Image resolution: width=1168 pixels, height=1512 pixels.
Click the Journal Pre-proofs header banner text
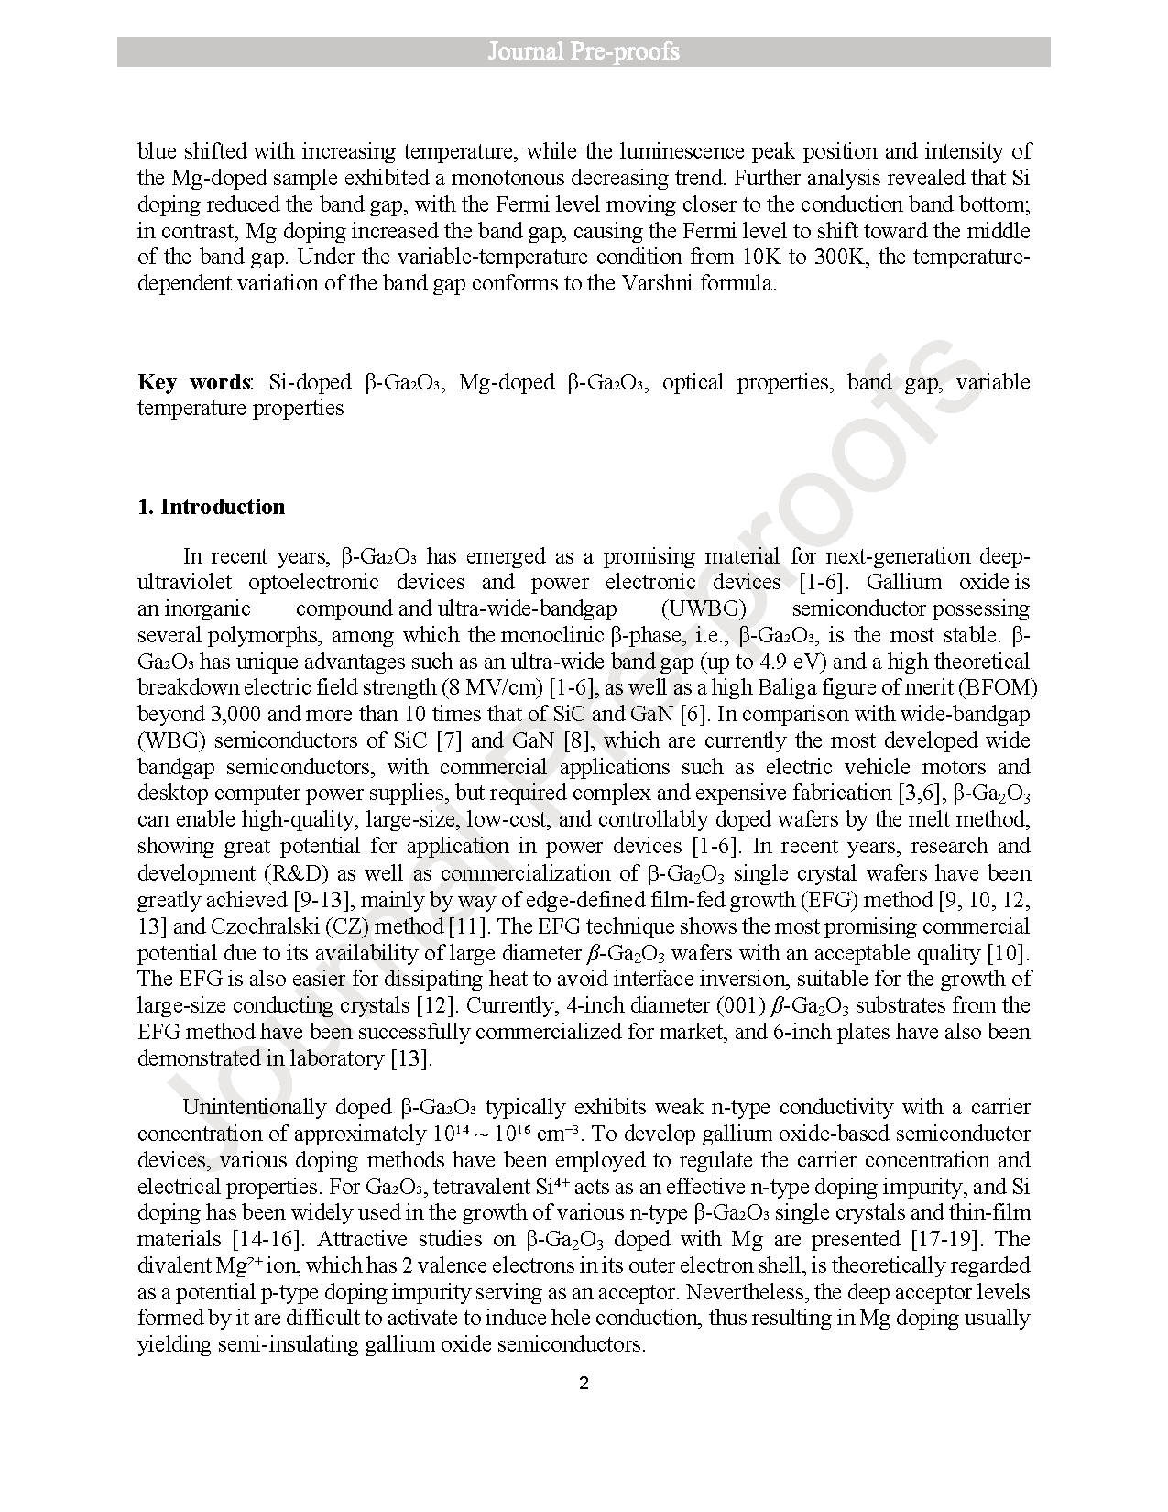pos(584,51)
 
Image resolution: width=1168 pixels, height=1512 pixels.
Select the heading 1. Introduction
pos(211,507)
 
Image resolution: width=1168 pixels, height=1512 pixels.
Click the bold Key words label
pos(193,382)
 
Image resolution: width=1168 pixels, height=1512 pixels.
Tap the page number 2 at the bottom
pos(584,1384)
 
